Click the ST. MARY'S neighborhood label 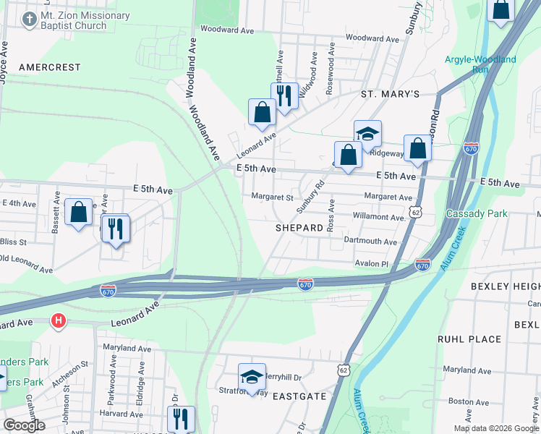(x=391, y=94)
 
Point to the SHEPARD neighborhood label (x=299, y=227)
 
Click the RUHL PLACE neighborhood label (x=469, y=339)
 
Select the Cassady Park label (x=477, y=213)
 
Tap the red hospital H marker (x=59, y=320)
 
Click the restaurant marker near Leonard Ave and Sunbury (x=284, y=95)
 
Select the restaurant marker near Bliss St (x=116, y=229)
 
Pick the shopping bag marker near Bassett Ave (x=78, y=213)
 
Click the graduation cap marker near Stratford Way (x=252, y=377)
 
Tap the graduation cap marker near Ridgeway (x=367, y=134)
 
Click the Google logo (x=24, y=425)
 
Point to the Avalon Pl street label (x=371, y=264)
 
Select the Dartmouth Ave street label (x=370, y=242)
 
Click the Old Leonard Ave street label (x=27, y=263)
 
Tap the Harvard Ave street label (x=116, y=414)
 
